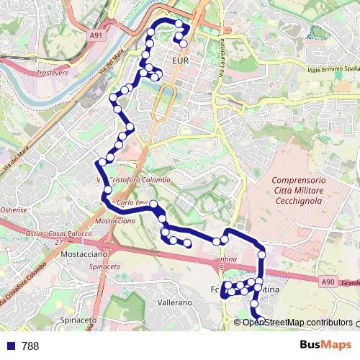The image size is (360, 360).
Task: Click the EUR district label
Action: pyautogui.click(x=180, y=61)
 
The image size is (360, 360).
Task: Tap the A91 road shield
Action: pyautogui.click(x=97, y=34)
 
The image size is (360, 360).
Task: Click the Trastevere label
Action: pyautogui.click(x=51, y=73)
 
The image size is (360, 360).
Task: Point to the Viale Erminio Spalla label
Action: pyautogui.click(x=333, y=68)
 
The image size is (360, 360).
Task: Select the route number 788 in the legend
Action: pyautogui.click(x=30, y=346)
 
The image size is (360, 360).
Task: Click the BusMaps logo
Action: pyautogui.click(x=325, y=345)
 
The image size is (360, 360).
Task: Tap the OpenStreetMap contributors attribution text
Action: pyautogui.click(x=297, y=323)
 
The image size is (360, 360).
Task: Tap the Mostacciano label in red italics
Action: pyautogui.click(x=114, y=221)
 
